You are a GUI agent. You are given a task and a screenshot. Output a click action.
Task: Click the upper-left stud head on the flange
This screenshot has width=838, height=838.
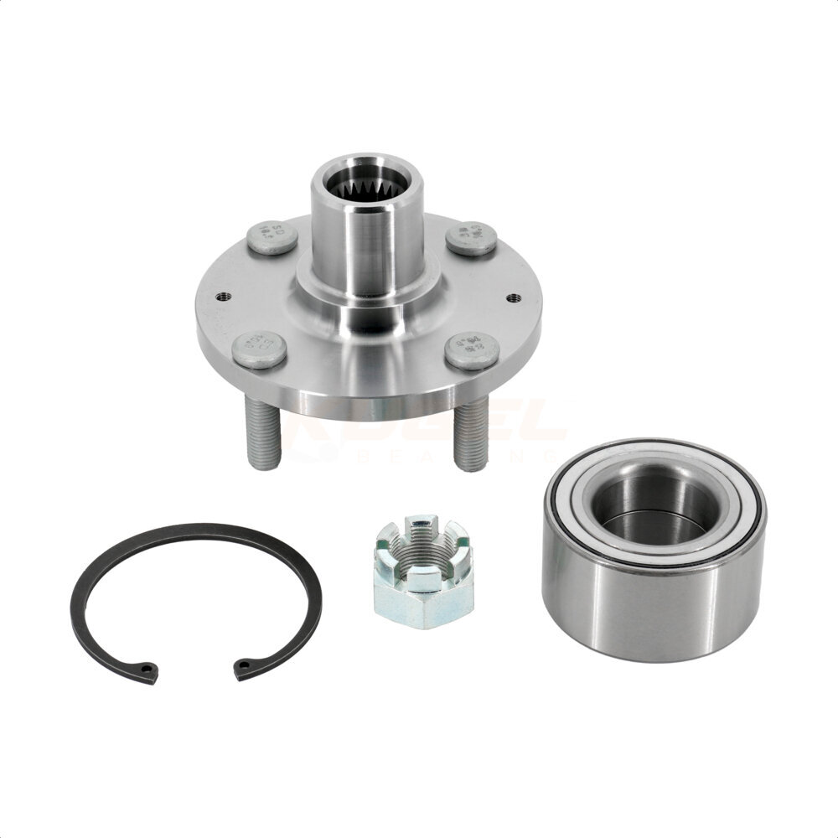[272, 238]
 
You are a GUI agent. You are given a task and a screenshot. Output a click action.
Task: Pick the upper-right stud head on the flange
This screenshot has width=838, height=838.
[471, 238]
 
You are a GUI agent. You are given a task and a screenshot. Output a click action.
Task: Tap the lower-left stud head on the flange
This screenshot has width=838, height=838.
[259, 349]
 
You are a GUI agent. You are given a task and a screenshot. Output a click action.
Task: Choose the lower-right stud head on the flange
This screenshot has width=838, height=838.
[471, 349]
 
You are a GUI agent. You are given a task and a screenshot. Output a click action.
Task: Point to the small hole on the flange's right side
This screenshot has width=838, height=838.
[512, 297]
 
